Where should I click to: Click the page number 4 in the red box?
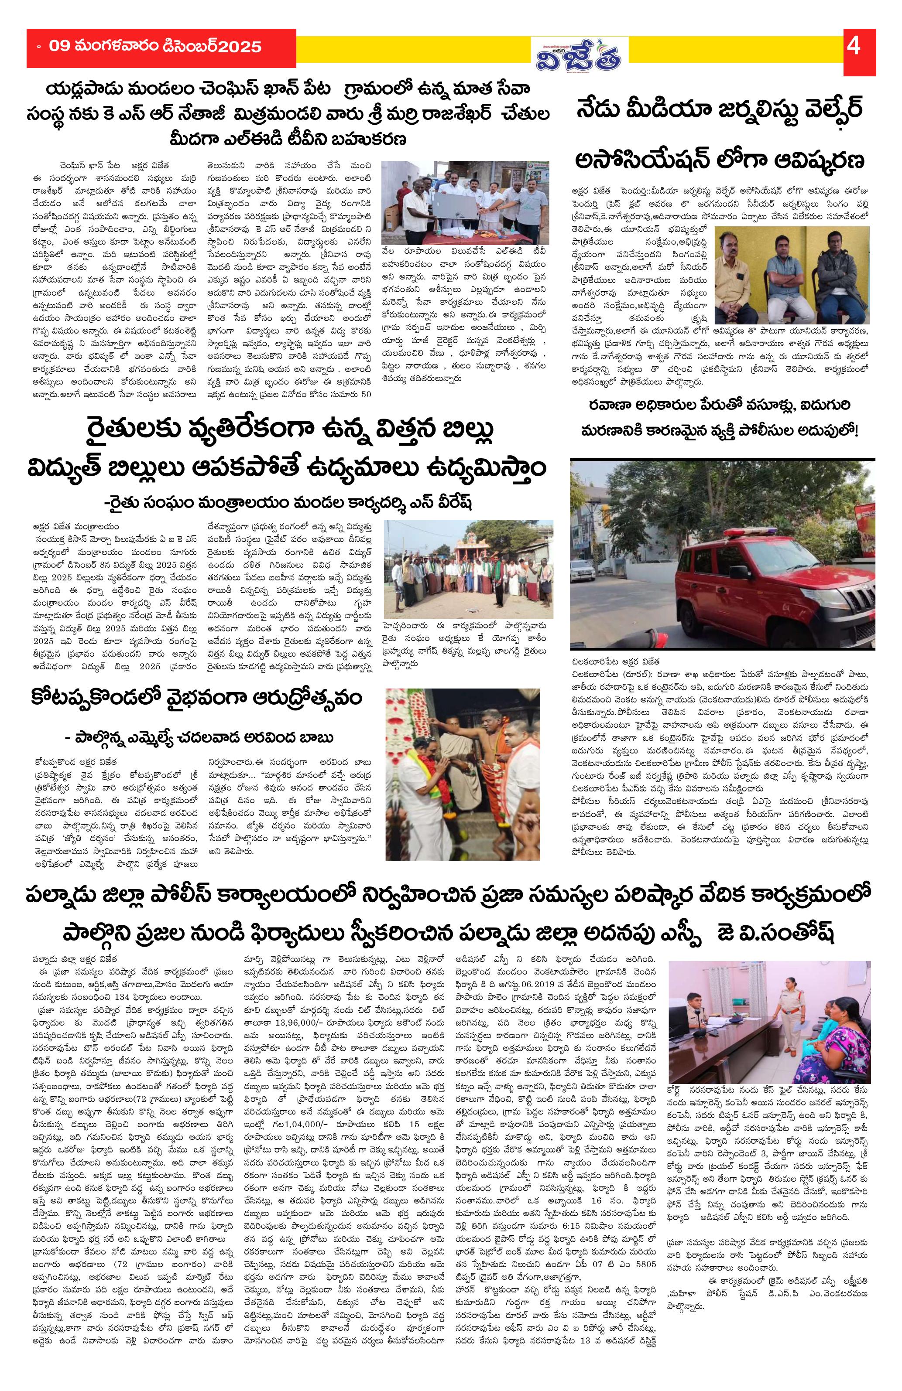click(x=854, y=46)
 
